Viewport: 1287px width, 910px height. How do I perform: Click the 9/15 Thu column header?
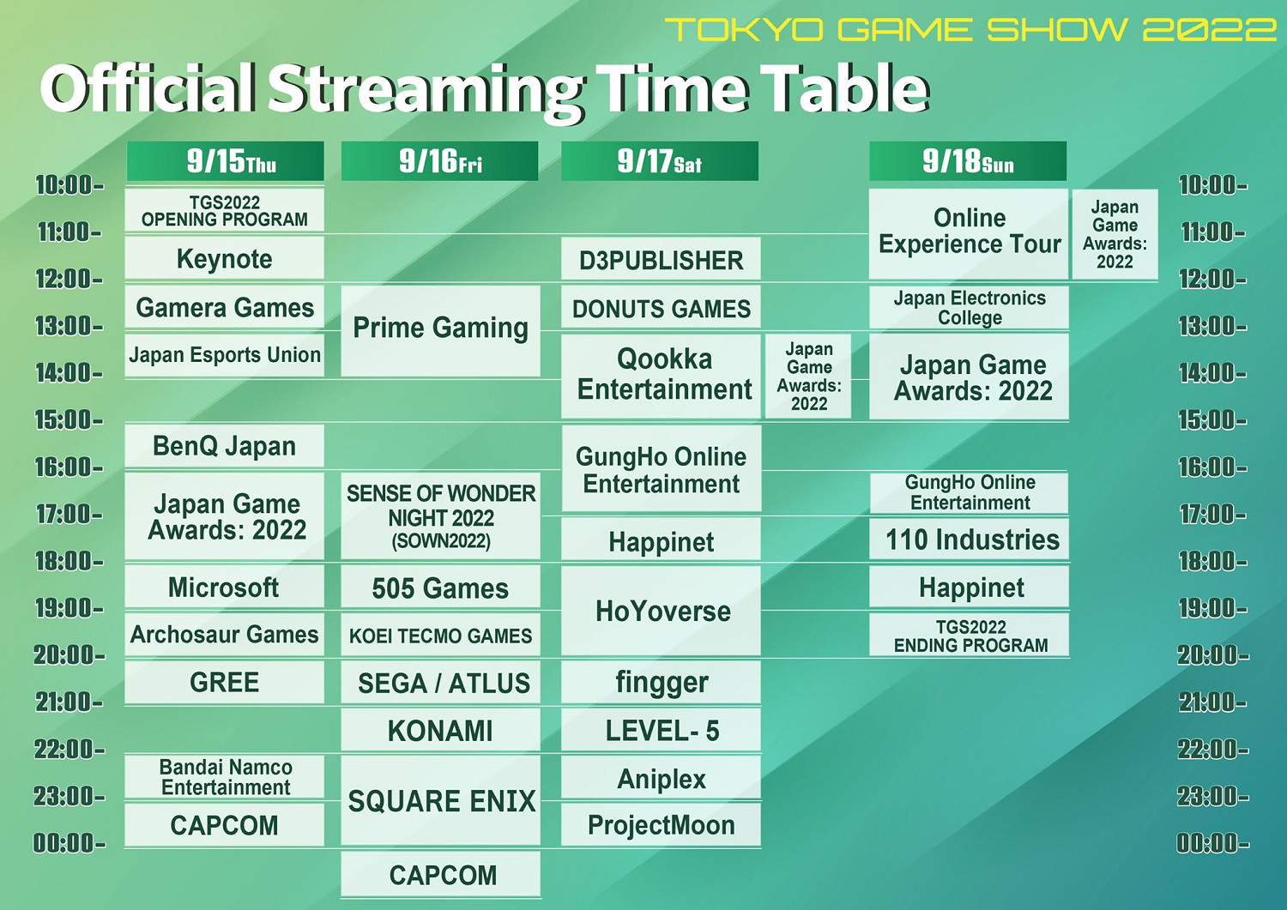(225, 161)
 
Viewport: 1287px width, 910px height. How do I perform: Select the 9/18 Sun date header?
(968, 161)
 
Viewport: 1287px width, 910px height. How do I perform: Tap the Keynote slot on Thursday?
(225, 259)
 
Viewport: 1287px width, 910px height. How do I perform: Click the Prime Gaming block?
(440, 329)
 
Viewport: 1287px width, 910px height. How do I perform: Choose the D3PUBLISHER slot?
(661, 260)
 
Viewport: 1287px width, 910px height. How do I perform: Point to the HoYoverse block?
(662, 611)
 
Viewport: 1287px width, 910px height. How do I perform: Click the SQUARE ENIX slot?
(441, 801)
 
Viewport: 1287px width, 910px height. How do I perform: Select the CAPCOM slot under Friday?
(441, 875)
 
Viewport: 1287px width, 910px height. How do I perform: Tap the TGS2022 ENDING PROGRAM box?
(970, 636)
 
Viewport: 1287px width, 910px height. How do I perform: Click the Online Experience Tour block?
(969, 232)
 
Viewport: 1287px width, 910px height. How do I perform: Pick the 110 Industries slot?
(970, 539)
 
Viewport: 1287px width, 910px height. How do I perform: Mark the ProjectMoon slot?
(661, 825)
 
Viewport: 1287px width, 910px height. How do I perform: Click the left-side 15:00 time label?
(68, 420)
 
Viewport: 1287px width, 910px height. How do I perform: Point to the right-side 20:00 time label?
(1212, 655)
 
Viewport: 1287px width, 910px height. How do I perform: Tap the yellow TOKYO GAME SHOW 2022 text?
(970, 30)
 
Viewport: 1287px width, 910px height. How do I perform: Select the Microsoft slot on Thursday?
(224, 588)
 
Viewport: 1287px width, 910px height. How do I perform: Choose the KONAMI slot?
(440, 731)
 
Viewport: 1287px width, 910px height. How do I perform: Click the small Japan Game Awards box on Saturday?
(808, 377)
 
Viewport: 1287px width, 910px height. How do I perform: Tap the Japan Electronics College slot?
(970, 308)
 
